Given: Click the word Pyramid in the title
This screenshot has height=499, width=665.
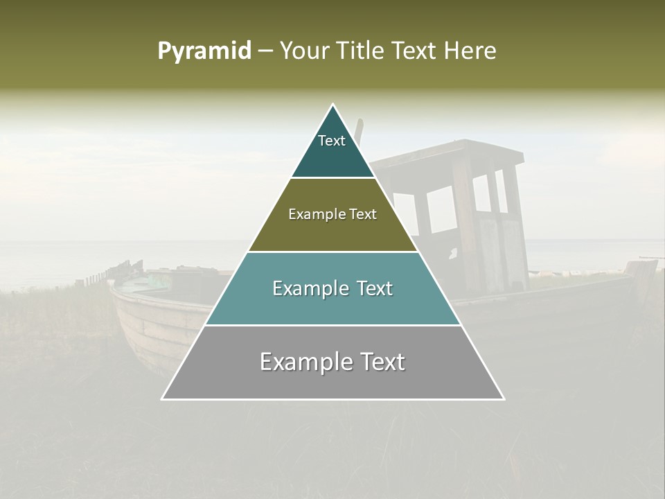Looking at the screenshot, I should pos(204,51).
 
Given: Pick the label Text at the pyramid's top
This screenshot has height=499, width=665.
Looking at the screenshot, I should pos(332,141).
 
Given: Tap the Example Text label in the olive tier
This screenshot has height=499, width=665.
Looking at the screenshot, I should pos(332,214).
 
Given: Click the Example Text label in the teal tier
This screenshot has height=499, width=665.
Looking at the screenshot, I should pos(332,288).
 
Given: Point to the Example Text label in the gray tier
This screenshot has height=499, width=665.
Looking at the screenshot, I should pos(332,362).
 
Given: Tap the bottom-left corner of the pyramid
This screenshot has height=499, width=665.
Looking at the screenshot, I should pos(163,399).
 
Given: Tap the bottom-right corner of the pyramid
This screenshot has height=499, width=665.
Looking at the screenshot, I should pos(503,399).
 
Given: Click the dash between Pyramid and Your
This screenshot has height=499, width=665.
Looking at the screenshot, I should pos(265,51).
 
